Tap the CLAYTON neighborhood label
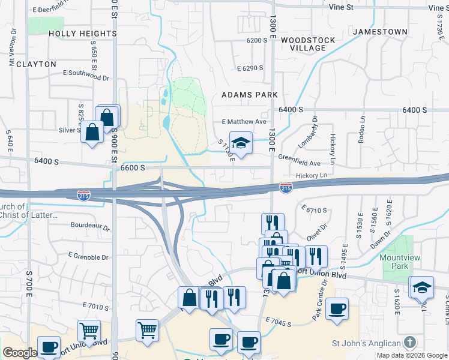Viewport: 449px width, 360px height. point(37,64)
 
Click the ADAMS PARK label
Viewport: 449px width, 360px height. point(250,95)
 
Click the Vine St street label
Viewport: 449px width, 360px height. point(341,7)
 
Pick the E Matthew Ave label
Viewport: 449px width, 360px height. point(244,121)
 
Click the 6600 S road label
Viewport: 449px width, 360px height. point(133,168)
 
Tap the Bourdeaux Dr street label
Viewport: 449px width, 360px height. point(90,227)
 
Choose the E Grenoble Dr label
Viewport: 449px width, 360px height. point(88,257)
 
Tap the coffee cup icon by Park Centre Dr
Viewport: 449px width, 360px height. point(337,308)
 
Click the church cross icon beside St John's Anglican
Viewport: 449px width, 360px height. point(409,343)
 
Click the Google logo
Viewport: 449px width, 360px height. point(19,353)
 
